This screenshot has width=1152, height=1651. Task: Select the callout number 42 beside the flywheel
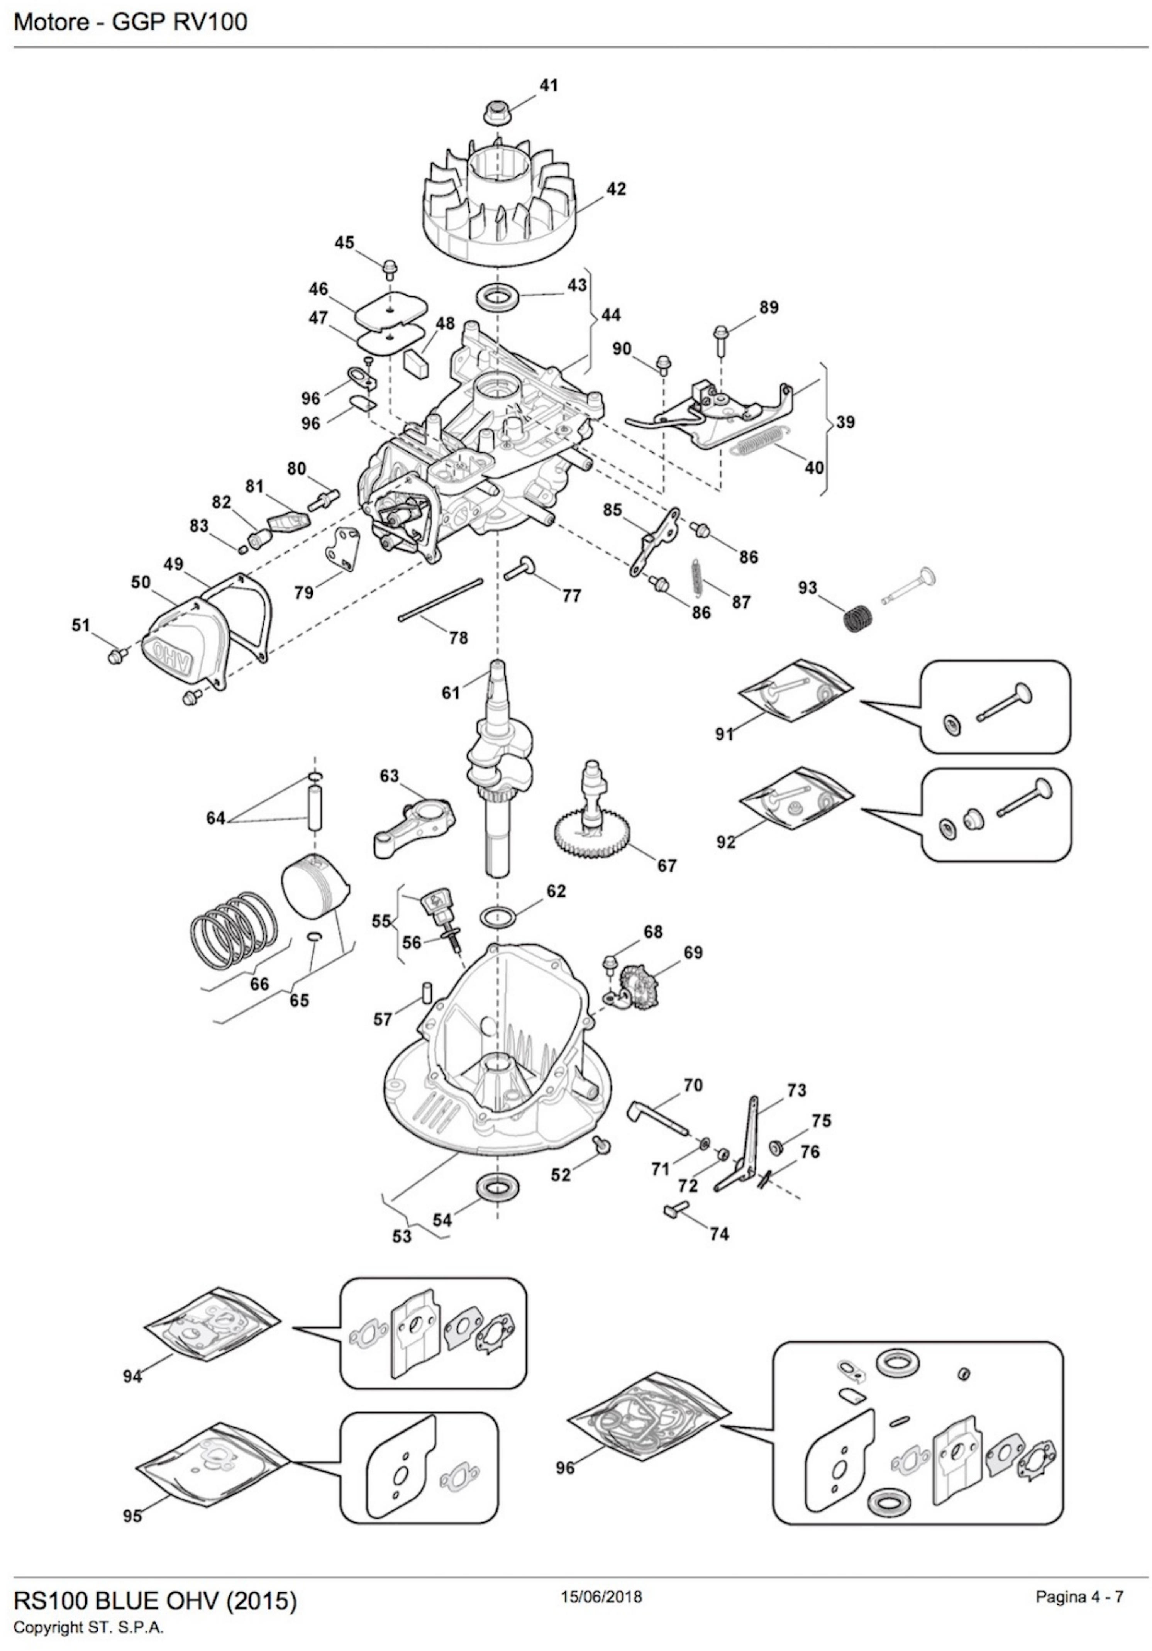615,189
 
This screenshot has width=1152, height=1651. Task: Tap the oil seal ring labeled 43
496,296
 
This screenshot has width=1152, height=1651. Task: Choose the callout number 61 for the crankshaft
451,693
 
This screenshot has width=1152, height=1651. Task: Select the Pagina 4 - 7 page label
1079,1576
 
